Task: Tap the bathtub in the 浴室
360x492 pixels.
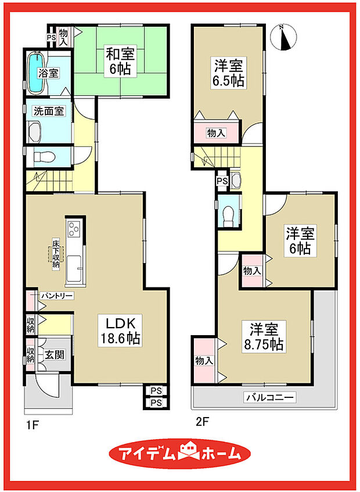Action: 36,73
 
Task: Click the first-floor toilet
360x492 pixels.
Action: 44,156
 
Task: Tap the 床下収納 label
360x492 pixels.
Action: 56,253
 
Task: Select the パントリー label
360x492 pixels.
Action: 56,296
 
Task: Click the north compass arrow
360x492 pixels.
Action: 284,37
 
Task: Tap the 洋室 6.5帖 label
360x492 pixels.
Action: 228,73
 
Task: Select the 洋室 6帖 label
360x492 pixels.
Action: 300,241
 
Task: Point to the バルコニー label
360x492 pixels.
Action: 270,398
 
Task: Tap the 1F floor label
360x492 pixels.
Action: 31,425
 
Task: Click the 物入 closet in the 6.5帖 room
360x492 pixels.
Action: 217,134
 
